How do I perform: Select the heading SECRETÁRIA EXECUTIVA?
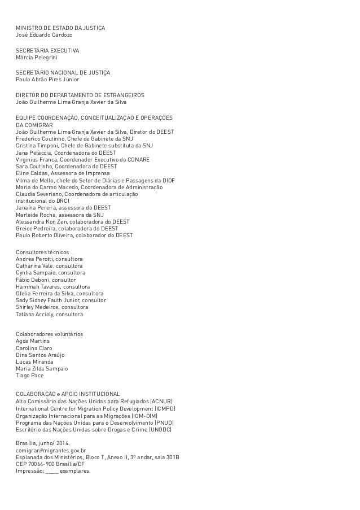pyautogui.click(x=47, y=51)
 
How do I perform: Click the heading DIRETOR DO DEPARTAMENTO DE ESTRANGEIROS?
pyautogui.click(x=80, y=95)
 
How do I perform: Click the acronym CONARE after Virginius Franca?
pyautogui.click(x=138, y=160)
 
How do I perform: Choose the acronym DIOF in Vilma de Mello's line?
pyautogui.click(x=168, y=181)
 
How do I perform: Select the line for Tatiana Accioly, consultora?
pyautogui.click(x=49, y=314)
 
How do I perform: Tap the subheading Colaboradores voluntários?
pyautogui.click(x=49, y=334)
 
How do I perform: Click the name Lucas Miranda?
pyautogui.click(x=34, y=361)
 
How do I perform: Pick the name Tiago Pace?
pyautogui.click(x=29, y=375)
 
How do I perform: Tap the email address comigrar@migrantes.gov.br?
pyautogui.click(x=50, y=451)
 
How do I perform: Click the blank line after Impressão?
pyautogui.click(x=51, y=471)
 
